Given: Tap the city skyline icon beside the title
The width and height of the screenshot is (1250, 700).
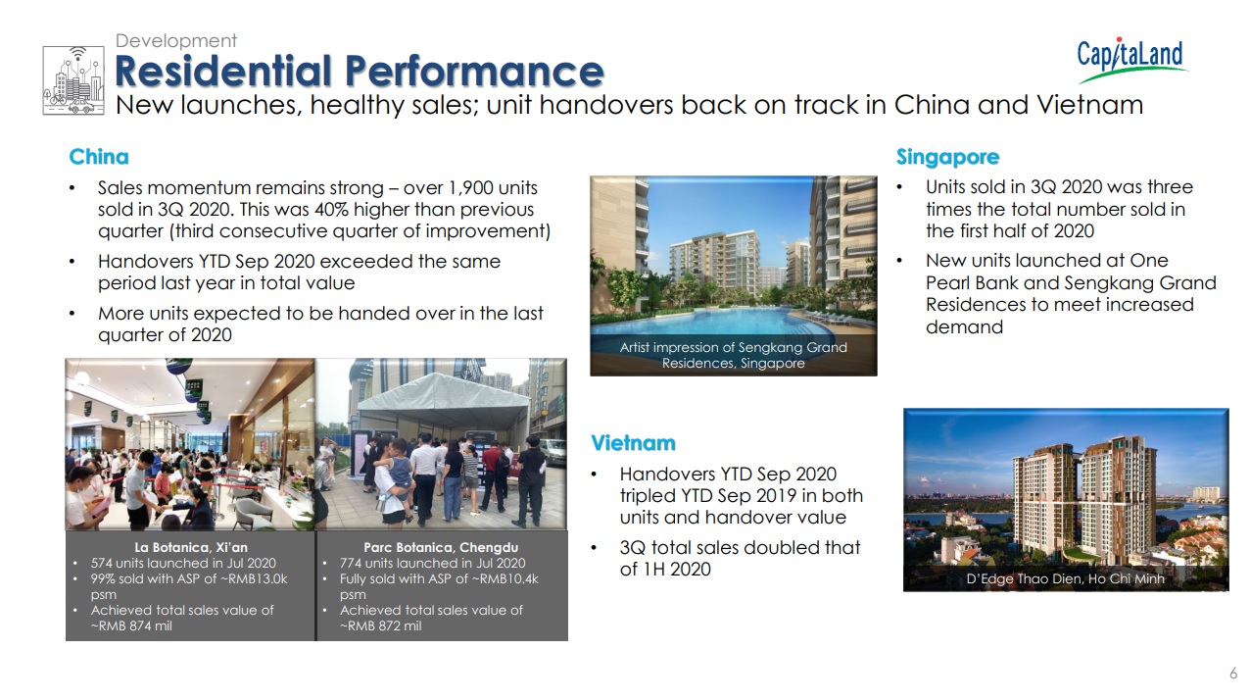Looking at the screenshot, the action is click(73, 80).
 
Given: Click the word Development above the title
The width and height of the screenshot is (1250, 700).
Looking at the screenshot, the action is click(175, 41).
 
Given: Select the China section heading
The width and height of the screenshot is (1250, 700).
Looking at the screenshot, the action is click(99, 157).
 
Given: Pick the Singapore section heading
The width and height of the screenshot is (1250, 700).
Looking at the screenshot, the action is click(947, 158).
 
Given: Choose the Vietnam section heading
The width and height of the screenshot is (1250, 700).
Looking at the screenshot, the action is click(633, 443).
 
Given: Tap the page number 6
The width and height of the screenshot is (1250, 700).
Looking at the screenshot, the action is click(1233, 674).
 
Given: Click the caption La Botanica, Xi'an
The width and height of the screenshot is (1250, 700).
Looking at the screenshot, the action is click(191, 547).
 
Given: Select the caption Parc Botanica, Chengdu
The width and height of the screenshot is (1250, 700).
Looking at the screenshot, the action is click(441, 547).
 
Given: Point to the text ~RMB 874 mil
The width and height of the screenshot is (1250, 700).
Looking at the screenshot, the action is click(131, 625).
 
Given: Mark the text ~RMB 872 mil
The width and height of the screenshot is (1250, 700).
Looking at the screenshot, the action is click(380, 625).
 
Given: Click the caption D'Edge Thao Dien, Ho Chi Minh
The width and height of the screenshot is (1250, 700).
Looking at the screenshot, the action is click(1065, 578).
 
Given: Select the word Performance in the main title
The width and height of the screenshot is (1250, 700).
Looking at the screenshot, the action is click(474, 72).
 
